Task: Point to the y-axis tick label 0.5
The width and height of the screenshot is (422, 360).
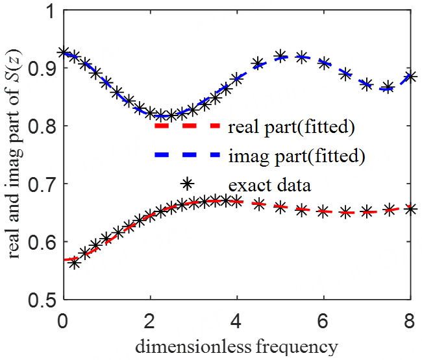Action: pos(40,300)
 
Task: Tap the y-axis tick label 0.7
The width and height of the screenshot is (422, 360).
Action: pos(40,184)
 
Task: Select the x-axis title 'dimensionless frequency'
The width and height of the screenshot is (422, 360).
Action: pos(236,346)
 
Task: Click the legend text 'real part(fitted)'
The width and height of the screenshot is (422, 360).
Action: pos(291,127)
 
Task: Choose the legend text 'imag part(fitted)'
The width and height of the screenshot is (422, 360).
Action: pos(296,156)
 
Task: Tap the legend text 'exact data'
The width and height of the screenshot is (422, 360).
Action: pos(269,185)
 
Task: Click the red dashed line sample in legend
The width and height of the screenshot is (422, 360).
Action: pos(186,127)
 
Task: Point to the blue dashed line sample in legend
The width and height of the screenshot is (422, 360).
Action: pos(186,156)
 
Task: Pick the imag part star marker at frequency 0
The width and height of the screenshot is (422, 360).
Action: pos(63,53)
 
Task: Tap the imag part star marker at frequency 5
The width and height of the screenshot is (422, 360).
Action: pos(280,56)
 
